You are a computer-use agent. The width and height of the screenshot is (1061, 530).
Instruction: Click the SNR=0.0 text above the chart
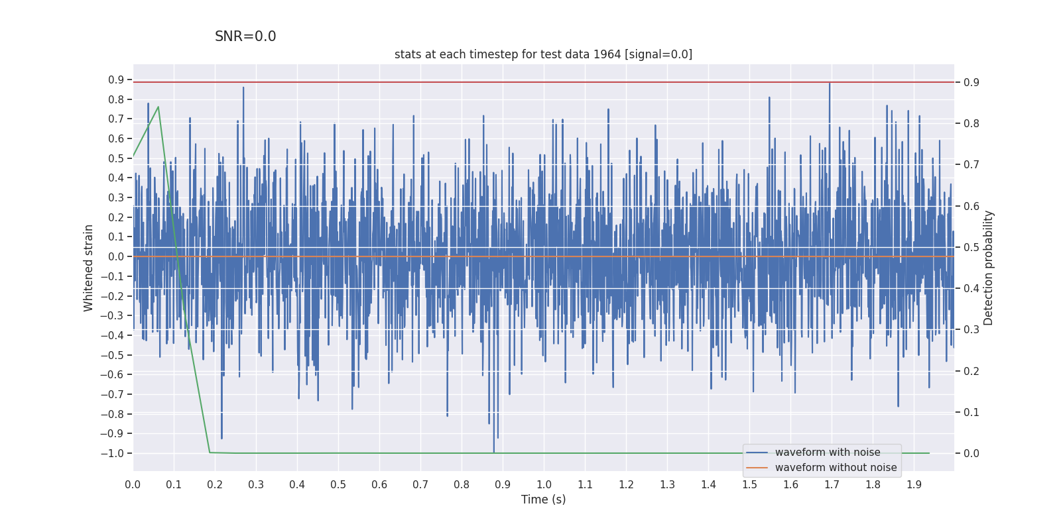point(245,37)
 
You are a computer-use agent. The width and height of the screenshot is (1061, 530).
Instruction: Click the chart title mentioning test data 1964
point(543,54)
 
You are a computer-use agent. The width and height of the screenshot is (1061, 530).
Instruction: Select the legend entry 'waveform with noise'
point(828,452)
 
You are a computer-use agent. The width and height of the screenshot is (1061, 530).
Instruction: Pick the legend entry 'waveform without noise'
point(836,468)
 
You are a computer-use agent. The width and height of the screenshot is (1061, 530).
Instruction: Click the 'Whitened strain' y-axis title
point(89,268)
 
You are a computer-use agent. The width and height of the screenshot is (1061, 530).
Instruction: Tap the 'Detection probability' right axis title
point(988,268)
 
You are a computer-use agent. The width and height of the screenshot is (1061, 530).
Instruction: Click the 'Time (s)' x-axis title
point(543,500)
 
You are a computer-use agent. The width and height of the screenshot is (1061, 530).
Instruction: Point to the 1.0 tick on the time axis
point(544,484)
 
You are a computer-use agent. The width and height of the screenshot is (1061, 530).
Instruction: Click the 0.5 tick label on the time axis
point(338,484)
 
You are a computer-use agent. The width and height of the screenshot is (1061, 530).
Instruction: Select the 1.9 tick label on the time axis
point(914,484)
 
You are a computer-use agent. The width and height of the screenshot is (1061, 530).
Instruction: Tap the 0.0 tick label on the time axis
point(133,484)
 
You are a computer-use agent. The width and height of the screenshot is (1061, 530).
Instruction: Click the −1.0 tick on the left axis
point(112,453)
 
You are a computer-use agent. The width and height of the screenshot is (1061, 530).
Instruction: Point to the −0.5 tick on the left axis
point(112,355)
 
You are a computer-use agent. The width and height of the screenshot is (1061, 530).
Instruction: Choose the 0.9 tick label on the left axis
point(116,79)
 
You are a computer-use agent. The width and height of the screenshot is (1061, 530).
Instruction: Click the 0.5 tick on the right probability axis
point(971,247)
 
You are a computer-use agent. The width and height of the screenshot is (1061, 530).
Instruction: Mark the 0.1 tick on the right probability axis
point(971,412)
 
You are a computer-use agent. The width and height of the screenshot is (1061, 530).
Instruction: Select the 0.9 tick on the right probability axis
point(971,82)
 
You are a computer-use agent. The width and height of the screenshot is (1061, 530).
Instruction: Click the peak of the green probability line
point(158,107)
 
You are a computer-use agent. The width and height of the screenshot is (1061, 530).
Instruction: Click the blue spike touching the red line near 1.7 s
point(829,84)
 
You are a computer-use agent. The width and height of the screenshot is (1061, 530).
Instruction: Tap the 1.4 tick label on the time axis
point(708,484)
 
